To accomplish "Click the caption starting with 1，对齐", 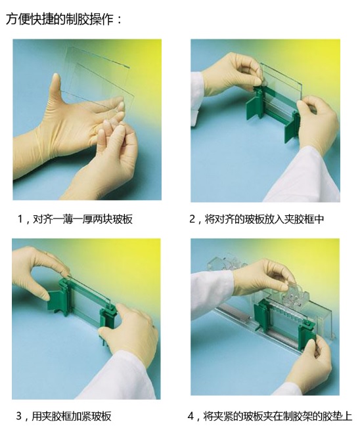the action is click(x=75, y=219).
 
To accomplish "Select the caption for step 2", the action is click(x=257, y=219).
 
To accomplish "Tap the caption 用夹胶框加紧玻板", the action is click(x=72, y=416).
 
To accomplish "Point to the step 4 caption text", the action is click(x=269, y=416).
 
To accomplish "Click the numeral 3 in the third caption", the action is click(x=19, y=416).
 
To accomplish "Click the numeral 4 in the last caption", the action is click(x=191, y=416).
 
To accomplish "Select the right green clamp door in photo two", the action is click(x=292, y=127).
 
